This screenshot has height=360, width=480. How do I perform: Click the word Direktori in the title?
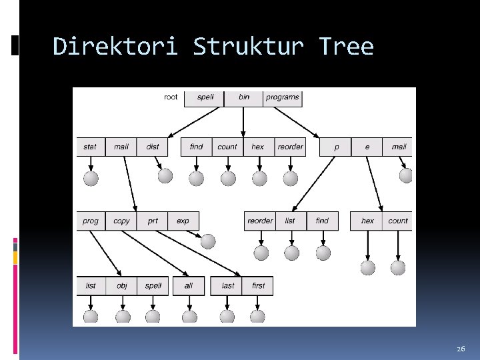pos(115,47)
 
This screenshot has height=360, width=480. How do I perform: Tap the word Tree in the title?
pos(346,47)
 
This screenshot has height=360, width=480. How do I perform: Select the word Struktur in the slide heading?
pos(248,47)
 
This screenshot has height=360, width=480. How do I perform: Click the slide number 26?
pos(461,349)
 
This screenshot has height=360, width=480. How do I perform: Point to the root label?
pos(171,97)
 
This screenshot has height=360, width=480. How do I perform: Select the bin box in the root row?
pos(244,97)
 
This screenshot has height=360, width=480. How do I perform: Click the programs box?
pos(283,97)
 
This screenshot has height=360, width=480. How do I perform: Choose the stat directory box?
pos(90,147)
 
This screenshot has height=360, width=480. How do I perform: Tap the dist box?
pos(153,147)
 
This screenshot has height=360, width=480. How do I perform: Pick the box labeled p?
pos(336,147)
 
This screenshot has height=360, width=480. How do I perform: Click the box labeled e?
pos(367,147)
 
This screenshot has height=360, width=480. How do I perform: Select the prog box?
pos(91,221)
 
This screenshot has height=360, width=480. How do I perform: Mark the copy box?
pos(122,221)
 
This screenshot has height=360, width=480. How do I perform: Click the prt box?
pos(153,221)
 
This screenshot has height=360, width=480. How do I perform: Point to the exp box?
pos(183,221)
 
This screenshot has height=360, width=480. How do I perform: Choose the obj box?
pos(122,285)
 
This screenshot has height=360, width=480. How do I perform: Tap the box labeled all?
pos(189,285)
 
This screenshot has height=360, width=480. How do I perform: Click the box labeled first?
pos(259,285)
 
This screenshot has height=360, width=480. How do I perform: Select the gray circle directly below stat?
pos(91,178)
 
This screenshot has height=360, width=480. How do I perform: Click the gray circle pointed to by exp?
pos(208,241)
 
